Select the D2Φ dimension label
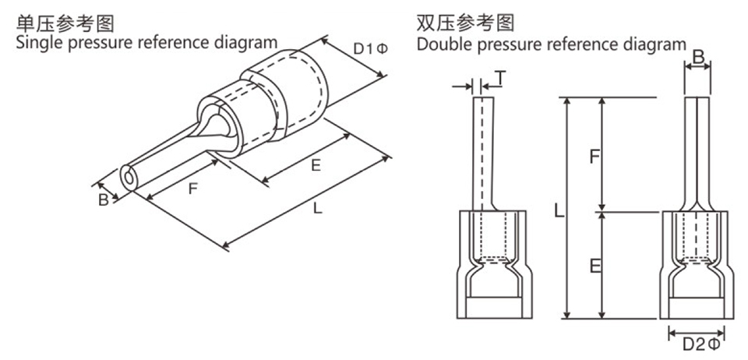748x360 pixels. (x=698, y=344)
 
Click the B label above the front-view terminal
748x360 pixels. (x=698, y=57)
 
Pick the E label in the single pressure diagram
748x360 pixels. (x=316, y=165)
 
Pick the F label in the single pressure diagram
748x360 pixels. (x=192, y=188)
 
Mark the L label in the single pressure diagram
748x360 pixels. (x=317, y=208)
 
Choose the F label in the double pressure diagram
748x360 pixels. (x=594, y=156)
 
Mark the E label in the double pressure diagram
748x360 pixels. (x=595, y=266)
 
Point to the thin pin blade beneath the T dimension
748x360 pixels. (x=483, y=148)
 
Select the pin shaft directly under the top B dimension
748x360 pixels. (x=697, y=148)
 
